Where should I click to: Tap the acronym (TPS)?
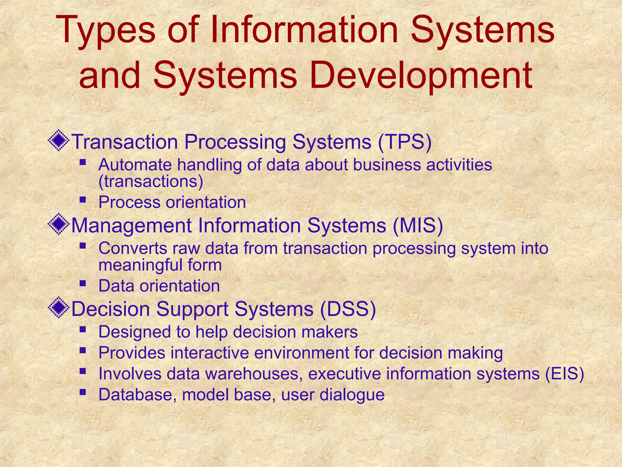pyautogui.click(x=405, y=142)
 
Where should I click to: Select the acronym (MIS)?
pyautogui.click(x=418, y=225)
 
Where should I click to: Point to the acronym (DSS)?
pyautogui.click(x=348, y=309)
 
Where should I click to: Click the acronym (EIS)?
pyautogui.click(x=564, y=374)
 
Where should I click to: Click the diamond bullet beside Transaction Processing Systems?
pyautogui.click(x=59, y=140)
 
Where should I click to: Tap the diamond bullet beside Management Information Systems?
pyautogui.click(x=59, y=224)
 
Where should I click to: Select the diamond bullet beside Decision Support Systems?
pyautogui.click(x=59, y=308)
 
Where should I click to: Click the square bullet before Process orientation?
pyautogui.click(x=83, y=200)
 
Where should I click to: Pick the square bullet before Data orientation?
pyautogui.click(x=83, y=283)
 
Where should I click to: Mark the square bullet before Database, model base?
pyautogui.click(x=83, y=392)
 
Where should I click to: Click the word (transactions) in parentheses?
pyautogui.click(x=151, y=182)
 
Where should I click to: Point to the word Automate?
pyautogui.click(x=135, y=165)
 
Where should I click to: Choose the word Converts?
pyautogui.click(x=133, y=248)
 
